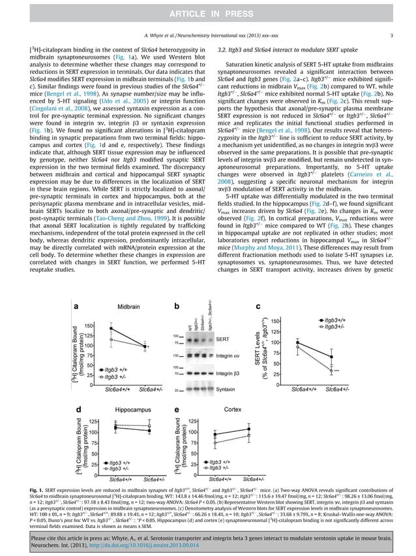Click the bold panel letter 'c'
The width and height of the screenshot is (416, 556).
[258, 306]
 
